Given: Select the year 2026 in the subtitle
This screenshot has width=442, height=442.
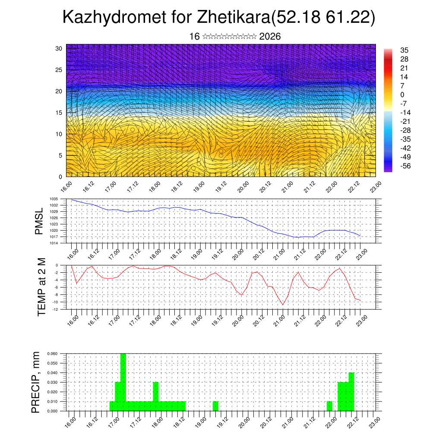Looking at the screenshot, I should (270, 37).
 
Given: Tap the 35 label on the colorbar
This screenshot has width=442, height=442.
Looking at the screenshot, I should (404, 51).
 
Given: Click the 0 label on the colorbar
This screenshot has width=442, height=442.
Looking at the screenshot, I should (402, 95).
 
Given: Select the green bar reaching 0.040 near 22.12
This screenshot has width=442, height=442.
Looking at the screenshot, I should (351, 391).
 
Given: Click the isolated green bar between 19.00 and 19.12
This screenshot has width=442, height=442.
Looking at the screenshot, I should (215, 406).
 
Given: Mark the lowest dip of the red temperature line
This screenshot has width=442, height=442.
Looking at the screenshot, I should (283, 305).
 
